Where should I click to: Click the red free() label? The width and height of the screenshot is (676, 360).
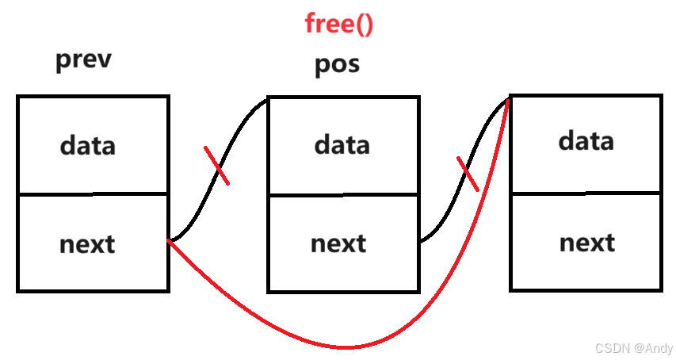338,24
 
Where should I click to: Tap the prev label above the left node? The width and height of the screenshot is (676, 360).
84,61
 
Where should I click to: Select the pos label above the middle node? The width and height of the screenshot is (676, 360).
337,63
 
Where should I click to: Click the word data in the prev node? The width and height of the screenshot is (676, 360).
88,146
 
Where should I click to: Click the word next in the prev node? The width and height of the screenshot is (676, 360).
87,244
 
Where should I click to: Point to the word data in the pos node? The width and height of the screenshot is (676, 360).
342,145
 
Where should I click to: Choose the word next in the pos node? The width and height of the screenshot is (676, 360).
338,243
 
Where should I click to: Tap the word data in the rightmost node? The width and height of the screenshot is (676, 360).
586,141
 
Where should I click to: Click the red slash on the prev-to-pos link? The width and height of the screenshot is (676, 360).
216,165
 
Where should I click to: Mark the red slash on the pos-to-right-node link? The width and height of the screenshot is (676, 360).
468,173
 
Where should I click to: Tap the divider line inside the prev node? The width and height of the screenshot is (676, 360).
93,193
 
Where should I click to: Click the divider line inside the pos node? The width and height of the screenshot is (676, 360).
342,195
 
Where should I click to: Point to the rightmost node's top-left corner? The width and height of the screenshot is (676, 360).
511,98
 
